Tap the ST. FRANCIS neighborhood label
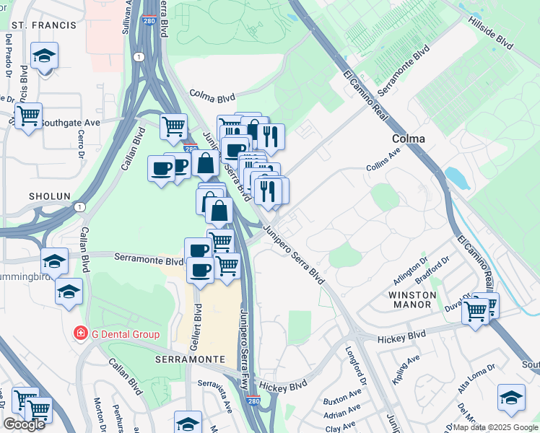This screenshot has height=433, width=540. pyautogui.click(x=43, y=25)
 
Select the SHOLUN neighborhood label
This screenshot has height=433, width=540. pyautogui.click(x=49, y=196)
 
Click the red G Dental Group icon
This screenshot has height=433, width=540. pyautogui.click(x=81, y=333)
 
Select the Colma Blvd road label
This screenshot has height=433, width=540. pyautogui.click(x=213, y=95)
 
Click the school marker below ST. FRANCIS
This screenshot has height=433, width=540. pyautogui.click(x=44, y=56)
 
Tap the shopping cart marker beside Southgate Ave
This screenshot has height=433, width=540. pyautogui.click(x=28, y=115)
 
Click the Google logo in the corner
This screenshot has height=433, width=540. pyautogui.click(x=24, y=424)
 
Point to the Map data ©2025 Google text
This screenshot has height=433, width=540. pyautogui.click(x=495, y=427)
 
